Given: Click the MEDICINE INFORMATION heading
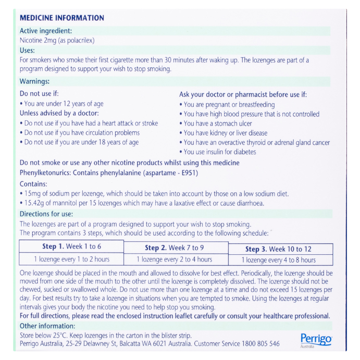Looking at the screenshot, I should pos(61,18).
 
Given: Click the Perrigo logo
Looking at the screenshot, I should pos(316,340).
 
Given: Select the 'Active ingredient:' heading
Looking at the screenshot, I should pos(46,31).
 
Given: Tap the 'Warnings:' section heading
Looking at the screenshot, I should pos(35,81).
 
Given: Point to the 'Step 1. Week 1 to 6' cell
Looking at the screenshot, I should pos(71,247).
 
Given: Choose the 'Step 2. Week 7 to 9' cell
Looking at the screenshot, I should pos(174,247).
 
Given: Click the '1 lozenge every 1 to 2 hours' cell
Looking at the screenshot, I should pos(71,259).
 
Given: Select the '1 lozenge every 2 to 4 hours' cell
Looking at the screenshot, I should pos(174,259).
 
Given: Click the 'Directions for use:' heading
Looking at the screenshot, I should pos(46,214).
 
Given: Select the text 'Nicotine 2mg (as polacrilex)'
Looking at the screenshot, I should pos(57,40).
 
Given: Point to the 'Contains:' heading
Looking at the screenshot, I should pos(33,184).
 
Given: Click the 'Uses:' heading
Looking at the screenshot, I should pos(27,50).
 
